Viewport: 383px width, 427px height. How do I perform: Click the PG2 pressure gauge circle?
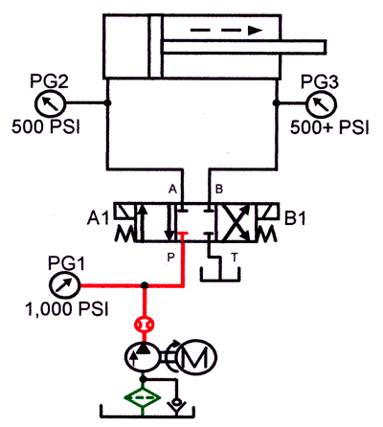pyautogui.click(x=47, y=102)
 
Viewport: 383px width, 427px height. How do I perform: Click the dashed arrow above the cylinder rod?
pyautogui.click(x=226, y=30)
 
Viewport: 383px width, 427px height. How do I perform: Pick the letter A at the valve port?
pyautogui.click(x=174, y=187)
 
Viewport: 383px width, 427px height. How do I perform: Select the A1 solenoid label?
pyautogui.click(x=99, y=219)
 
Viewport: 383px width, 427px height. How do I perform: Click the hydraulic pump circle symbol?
pyautogui.click(x=144, y=357)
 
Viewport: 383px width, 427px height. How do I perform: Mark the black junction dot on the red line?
pyautogui.click(x=144, y=284)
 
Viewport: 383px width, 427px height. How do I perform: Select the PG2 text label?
pyautogui.click(x=46, y=77)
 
